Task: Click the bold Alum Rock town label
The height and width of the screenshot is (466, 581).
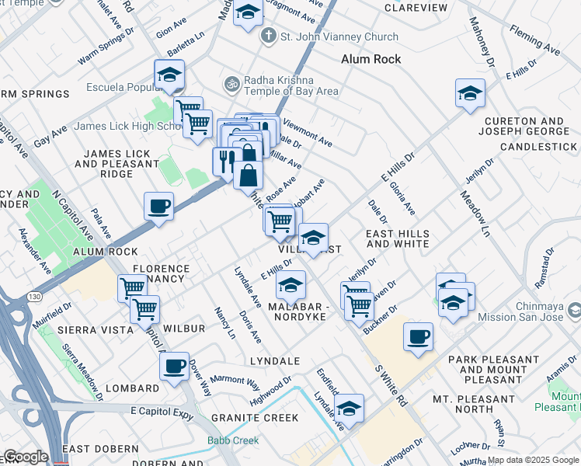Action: coord(371,59)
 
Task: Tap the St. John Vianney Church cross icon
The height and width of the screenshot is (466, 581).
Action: coord(268,36)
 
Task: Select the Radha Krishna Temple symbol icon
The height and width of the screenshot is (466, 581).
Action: coord(230,83)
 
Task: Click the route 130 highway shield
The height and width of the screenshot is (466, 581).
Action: coord(34,296)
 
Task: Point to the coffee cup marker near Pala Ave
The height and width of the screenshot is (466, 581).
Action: coord(158,207)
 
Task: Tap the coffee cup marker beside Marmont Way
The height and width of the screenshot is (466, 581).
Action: coord(174,364)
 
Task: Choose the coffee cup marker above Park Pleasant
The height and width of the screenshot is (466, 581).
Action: coord(418,336)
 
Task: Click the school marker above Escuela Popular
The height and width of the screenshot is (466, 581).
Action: coord(169,75)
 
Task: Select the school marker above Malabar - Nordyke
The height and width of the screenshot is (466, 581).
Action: coord(291,285)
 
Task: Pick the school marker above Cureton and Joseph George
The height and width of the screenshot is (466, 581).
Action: coord(470,93)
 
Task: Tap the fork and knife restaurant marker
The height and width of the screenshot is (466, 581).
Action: coord(226,161)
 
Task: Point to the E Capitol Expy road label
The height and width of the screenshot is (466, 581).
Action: coord(161,410)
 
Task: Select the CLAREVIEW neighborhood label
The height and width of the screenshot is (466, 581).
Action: coord(416,8)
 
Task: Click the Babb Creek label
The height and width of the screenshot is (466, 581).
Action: coord(233,440)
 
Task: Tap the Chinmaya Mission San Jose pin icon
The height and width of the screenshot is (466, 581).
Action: coord(575,311)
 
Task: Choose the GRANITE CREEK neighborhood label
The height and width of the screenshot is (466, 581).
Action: coord(255,417)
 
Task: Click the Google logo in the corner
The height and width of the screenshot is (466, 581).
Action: coord(25,457)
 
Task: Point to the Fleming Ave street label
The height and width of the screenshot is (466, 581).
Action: coord(535,40)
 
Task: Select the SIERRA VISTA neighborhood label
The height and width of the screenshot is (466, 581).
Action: coord(89,329)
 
